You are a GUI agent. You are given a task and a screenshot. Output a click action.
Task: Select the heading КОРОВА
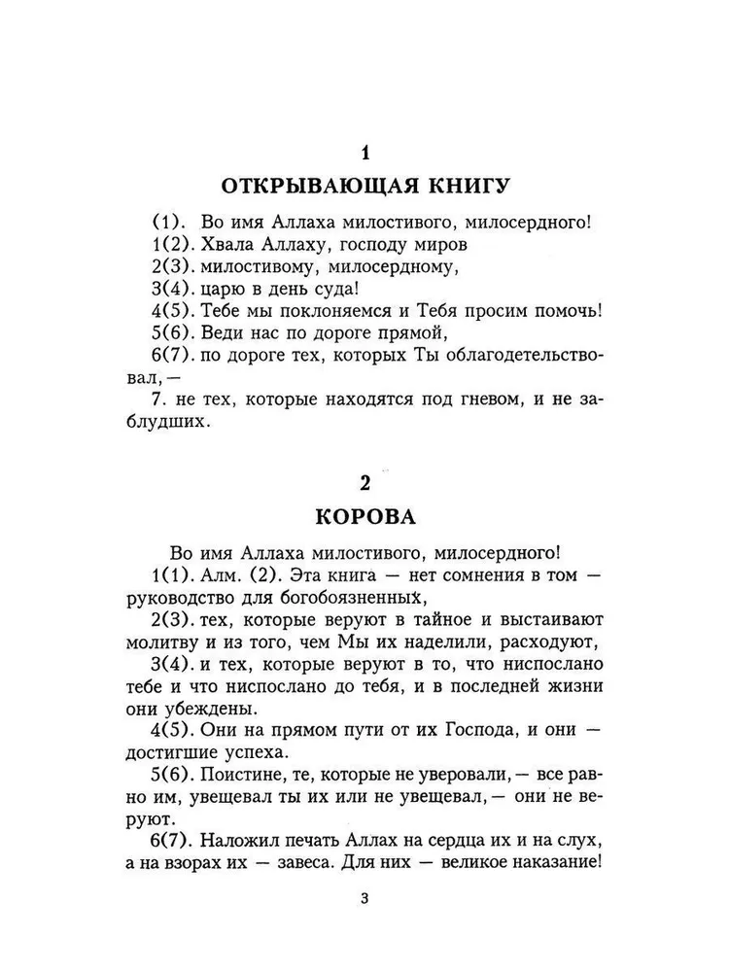pyautogui.click(x=364, y=514)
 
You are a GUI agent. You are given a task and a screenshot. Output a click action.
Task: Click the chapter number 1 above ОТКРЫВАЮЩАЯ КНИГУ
pyautogui.click(x=364, y=153)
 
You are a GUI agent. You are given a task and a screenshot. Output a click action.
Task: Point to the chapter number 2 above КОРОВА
pyautogui.click(x=364, y=482)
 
